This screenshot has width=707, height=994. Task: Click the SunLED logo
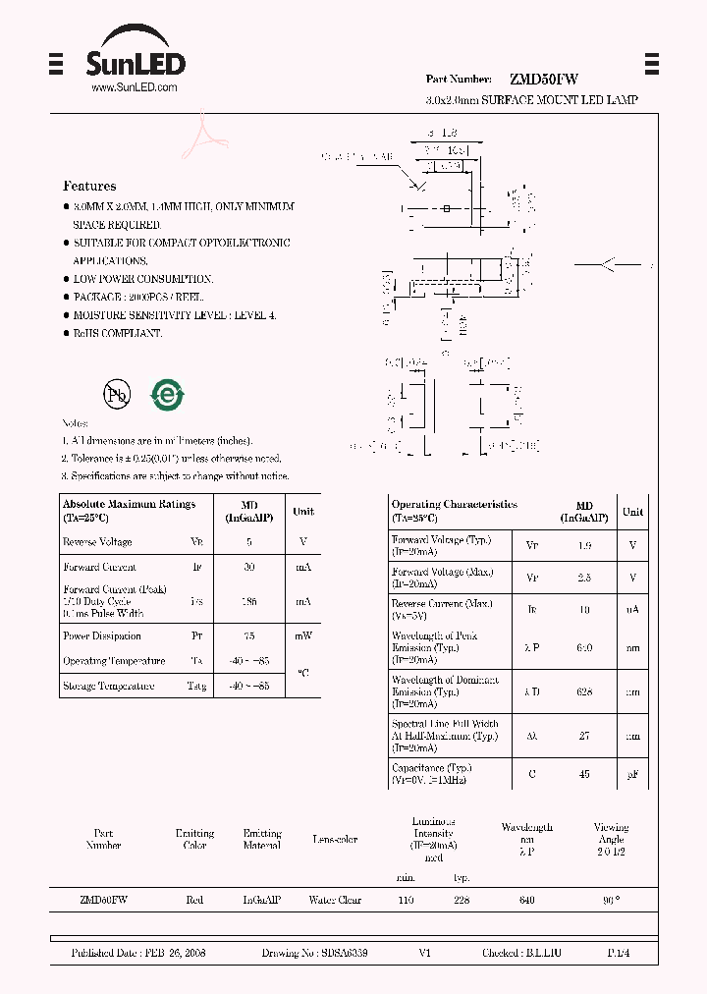point(134,60)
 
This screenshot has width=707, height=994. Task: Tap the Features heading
point(89,186)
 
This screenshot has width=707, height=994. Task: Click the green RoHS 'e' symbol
point(168,394)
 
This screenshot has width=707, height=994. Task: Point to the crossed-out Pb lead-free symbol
point(118,395)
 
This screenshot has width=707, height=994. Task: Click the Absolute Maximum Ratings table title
point(129,504)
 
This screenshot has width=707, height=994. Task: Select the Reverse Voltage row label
point(97,542)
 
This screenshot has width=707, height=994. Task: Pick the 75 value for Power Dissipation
point(248,636)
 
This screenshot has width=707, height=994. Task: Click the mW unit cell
point(303,636)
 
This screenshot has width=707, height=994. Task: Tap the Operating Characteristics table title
point(454,504)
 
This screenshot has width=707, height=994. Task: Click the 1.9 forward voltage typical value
point(584,545)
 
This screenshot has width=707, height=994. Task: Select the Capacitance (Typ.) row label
point(432,768)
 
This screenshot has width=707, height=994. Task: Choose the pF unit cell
point(632,775)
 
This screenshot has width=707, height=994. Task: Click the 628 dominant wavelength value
point(584,691)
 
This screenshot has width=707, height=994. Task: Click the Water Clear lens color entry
point(335,900)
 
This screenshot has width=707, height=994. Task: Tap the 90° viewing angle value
point(611,900)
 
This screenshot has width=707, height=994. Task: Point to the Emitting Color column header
point(194,839)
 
